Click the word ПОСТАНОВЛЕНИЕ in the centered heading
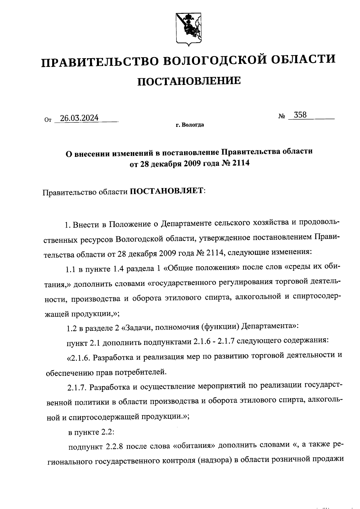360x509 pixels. click(189, 81)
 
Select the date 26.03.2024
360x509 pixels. click(79, 118)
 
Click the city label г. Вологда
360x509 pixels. click(190, 125)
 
